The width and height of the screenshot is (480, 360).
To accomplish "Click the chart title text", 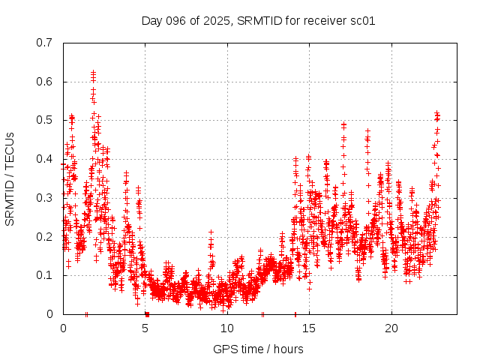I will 258,20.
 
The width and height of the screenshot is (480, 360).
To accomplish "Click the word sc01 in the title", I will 361,20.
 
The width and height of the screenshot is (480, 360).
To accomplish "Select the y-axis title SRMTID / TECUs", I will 10,178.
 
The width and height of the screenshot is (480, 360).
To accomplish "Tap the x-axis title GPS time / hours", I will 258,349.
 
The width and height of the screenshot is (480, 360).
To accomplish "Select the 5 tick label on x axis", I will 145,328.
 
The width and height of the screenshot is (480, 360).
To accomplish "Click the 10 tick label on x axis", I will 227,328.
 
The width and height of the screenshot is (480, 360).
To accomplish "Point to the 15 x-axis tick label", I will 309,328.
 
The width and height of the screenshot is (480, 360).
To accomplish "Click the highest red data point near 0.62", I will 93,73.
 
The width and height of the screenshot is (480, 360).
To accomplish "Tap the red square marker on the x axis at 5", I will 147,314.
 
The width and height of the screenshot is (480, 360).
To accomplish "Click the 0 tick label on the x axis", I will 63,328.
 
